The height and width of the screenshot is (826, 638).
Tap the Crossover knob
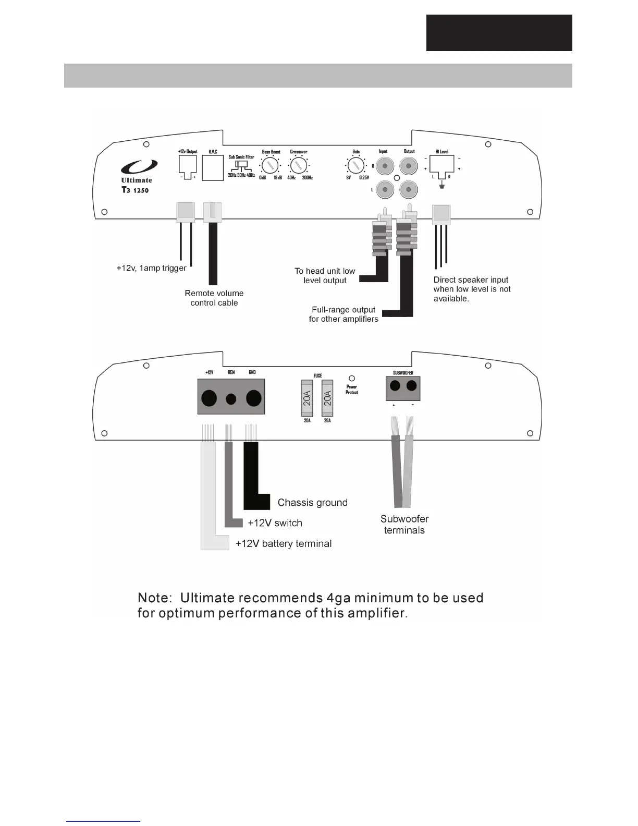coord(298,166)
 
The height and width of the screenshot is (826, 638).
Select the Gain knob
coord(355,166)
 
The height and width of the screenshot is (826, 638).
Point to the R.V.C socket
coord(213,168)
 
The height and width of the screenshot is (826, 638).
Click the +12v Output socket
coord(188,165)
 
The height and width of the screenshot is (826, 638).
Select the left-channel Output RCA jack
coord(409,189)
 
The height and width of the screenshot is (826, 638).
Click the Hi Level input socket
coord(441,165)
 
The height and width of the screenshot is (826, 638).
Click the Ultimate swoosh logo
coord(139,167)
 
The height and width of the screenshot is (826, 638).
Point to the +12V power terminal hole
coord(209,398)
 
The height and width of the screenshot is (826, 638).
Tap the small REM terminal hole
coord(231,399)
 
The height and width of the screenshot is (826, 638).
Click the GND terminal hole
coord(253,398)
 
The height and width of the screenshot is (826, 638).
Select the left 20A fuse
coord(307,398)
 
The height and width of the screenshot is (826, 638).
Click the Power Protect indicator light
coord(352,378)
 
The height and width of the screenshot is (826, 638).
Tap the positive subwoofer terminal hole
coord(395,386)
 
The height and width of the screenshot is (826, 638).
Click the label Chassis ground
coord(312,503)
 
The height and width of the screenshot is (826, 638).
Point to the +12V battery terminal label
coord(284,544)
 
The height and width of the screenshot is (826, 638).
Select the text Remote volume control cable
coord(214,298)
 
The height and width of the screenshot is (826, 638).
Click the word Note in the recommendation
coord(154,598)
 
